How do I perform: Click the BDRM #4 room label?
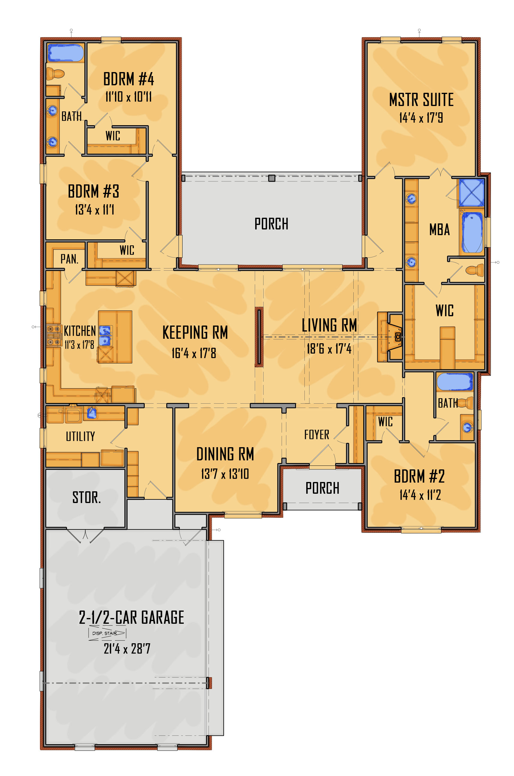coord(128,79)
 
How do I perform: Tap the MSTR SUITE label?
coord(421,100)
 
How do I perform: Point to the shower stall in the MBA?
coord(471,192)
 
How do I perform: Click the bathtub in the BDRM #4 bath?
coord(65,53)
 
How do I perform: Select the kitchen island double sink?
coord(105,336)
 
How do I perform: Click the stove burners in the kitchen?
coord(53,335)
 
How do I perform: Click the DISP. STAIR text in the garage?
coord(104,633)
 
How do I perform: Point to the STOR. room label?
coord(86,497)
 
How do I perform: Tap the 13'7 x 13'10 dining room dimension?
coord(225,474)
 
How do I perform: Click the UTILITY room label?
coord(80,436)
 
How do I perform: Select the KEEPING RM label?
coord(195,332)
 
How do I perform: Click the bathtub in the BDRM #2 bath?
coord(455,382)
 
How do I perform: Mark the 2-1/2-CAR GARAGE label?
coord(132,618)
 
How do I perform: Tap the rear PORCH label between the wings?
coord(271,224)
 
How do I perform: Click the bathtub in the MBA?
coord(472,232)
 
